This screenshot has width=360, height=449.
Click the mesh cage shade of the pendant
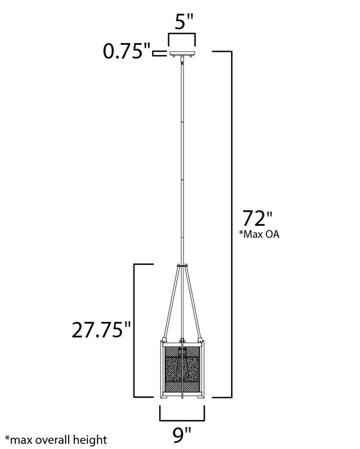[183, 366]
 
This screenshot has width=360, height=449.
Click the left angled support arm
[169, 302]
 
